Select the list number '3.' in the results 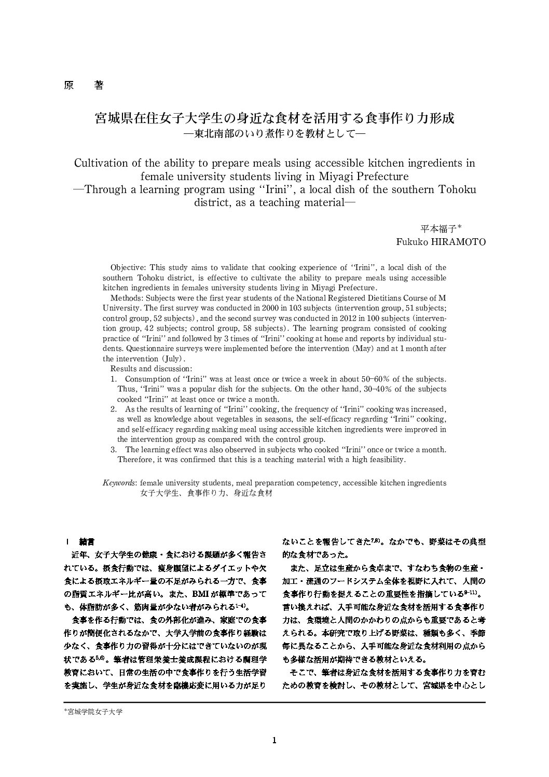click(114, 449)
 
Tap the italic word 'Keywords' click(119, 483)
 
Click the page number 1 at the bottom click(274, 741)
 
